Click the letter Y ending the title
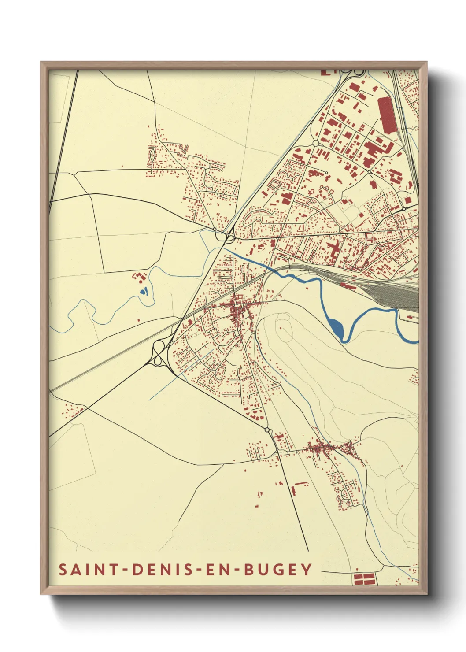(x=307, y=569)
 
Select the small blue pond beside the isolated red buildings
(x=144, y=291)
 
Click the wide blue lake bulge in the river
(x=337, y=326)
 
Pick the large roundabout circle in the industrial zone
(x=315, y=144)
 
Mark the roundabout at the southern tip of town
(x=267, y=430)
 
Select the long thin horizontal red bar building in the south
(x=301, y=483)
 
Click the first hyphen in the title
(x=126, y=570)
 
